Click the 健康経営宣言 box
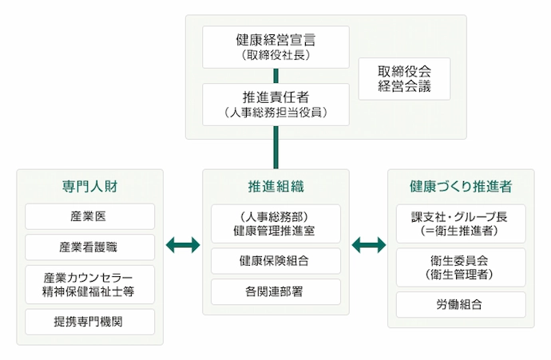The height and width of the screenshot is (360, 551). pos(275,47)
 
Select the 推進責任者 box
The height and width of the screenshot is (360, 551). pos(275,105)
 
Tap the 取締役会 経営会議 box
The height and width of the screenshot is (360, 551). pos(404,78)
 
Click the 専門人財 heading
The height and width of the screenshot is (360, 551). pos(90,187)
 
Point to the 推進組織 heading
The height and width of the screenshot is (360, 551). pos(275,187)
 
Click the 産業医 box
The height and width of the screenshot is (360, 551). pos(90,216)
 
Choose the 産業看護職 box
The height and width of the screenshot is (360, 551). pos(90,246)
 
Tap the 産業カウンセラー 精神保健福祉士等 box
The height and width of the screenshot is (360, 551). pos(90,283)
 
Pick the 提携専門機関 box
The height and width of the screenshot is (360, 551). pos(90,321)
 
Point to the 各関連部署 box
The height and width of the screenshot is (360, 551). pos(275,291)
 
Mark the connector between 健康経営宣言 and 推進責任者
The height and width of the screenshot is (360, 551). pos(275,76)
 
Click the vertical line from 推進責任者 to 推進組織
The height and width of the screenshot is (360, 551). pos(275,147)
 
